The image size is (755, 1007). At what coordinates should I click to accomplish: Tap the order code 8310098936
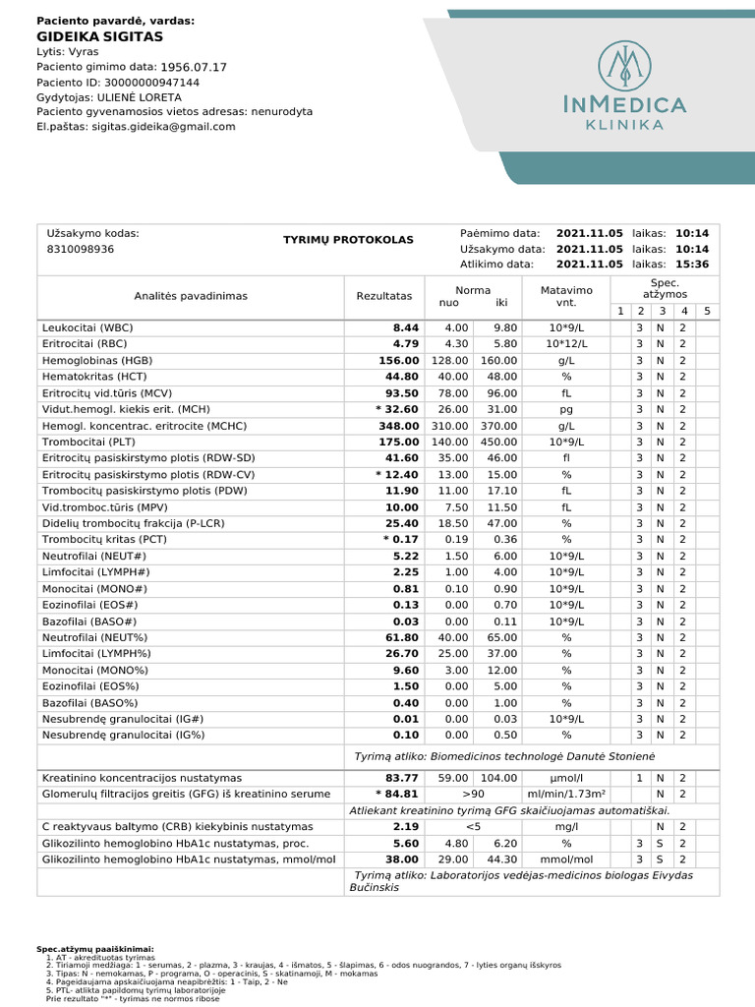pos(81,250)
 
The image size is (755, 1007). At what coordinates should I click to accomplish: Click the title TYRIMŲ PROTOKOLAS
pos(348,240)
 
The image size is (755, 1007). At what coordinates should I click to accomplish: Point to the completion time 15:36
pos(691,265)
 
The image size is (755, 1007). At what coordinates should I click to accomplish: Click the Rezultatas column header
pos(383,296)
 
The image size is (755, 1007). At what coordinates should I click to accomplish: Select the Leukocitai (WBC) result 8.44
pos(406,327)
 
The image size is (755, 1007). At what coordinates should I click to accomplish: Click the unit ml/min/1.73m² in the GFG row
pos(565,794)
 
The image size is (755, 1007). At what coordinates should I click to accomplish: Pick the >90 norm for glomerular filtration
pos(475,794)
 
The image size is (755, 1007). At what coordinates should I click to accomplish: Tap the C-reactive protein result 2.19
pos(406,827)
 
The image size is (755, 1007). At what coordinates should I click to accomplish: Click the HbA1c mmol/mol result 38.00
pos(402,859)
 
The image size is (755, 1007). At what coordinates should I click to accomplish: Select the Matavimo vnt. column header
pos(566,296)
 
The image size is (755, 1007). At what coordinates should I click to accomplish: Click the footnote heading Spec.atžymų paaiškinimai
pos(95,949)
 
